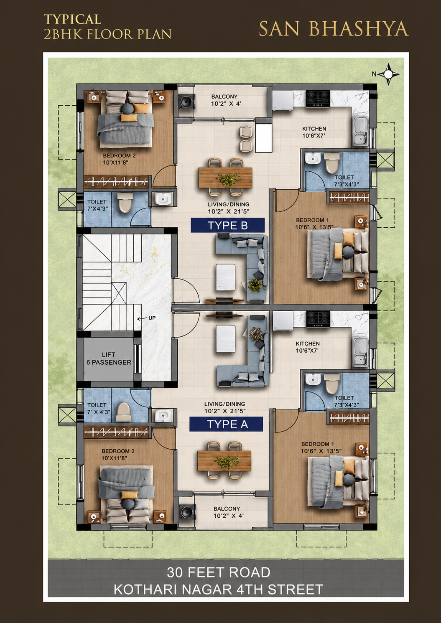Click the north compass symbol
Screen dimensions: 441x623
pos(389,74)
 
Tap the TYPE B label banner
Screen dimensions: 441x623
pos(227,225)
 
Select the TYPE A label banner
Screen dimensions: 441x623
pos(226,424)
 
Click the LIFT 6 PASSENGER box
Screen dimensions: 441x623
pos(109,359)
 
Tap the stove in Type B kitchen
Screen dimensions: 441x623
pos(318,99)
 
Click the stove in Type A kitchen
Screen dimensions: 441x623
pos(318,319)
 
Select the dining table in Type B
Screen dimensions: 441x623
pos(225,177)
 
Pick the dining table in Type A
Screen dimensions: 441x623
pos(224,460)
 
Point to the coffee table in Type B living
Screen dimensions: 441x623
pos(226,277)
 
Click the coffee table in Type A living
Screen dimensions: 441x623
pos(226,339)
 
